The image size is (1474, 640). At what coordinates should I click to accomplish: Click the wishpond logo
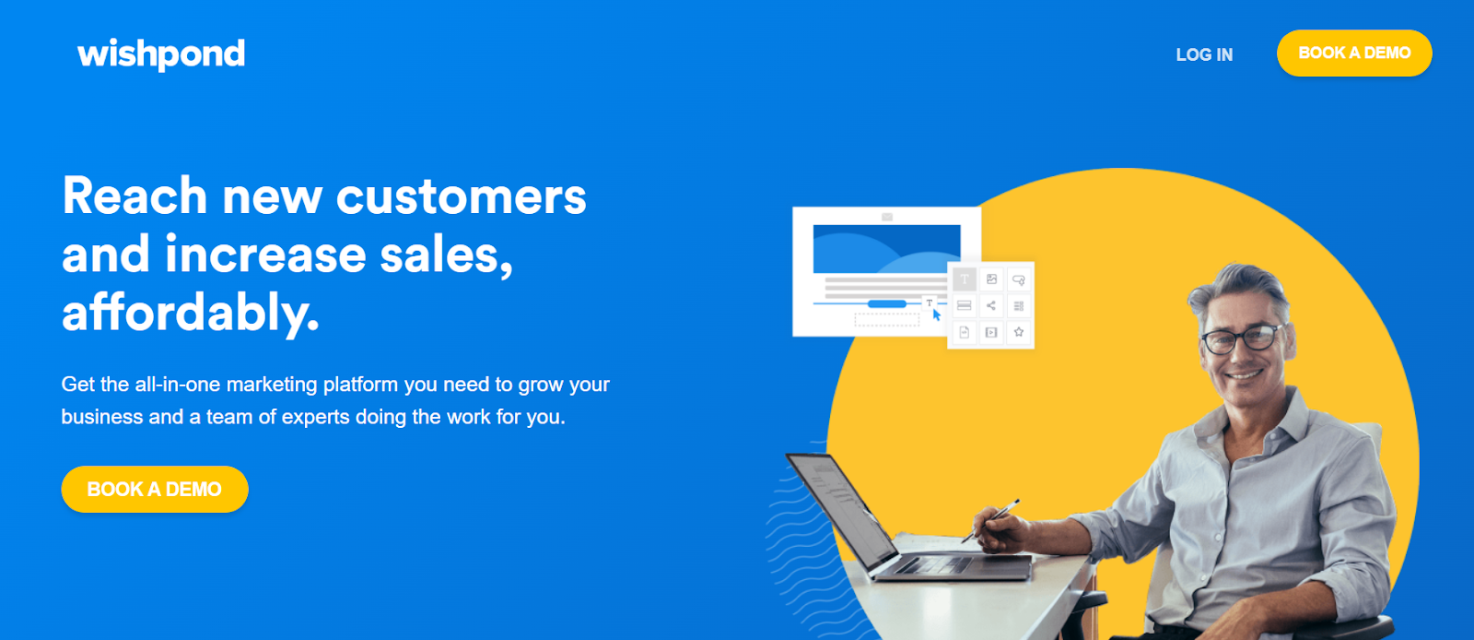pos(161,54)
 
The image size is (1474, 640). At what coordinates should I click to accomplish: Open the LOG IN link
pos(1204,54)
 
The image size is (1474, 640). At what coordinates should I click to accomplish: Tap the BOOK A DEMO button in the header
pos(1354,53)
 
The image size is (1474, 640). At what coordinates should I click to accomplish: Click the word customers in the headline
pos(462,196)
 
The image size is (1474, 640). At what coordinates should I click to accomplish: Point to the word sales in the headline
pos(446,255)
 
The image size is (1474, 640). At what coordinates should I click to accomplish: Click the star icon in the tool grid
pos(1019,332)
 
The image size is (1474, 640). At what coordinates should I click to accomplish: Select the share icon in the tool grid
pos(991,305)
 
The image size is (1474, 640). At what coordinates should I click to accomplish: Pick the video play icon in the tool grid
pos(991,332)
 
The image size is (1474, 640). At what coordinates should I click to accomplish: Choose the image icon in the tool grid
pos(991,279)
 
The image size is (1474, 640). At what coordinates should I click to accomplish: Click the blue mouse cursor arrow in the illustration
pos(936,314)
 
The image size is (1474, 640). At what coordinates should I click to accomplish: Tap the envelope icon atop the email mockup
pos(887,216)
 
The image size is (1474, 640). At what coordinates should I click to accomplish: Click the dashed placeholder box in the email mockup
pos(887,320)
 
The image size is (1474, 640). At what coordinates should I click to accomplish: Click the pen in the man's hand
pos(990,520)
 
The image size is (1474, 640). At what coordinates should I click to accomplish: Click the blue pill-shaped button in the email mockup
pos(887,303)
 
